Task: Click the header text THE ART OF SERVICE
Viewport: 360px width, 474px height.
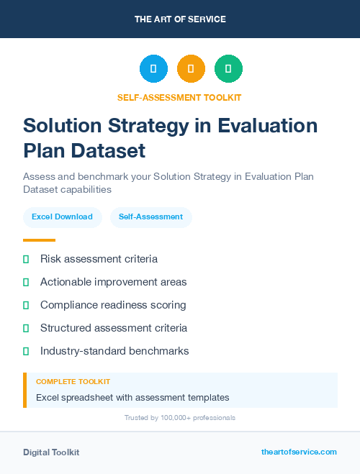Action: [x=180, y=19]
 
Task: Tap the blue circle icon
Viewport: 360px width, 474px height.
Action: [x=153, y=69]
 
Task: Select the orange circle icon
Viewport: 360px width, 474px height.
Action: [x=191, y=69]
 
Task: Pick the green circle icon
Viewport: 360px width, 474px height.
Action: [x=228, y=69]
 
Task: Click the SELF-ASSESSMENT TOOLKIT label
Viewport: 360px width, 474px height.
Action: [x=180, y=97]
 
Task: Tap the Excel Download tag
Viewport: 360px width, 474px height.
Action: [x=62, y=217]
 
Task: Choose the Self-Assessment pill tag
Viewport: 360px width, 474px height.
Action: [x=150, y=217]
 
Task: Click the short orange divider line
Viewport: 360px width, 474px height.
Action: [x=39, y=240]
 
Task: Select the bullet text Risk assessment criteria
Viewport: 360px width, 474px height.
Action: [x=99, y=259]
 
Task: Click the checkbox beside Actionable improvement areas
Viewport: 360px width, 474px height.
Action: [x=26, y=282]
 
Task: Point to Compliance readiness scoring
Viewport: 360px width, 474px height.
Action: [x=113, y=305]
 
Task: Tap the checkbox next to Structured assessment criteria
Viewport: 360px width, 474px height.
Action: [x=26, y=328]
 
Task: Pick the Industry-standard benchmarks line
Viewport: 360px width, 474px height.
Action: [x=114, y=351]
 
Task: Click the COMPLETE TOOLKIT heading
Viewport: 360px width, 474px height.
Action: [x=73, y=382]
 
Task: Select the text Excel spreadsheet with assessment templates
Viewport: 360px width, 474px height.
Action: [x=132, y=397]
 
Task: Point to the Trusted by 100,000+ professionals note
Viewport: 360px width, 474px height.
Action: [x=180, y=417]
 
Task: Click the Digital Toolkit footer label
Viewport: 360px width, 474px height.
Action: [x=51, y=452]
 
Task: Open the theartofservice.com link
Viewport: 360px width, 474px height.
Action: [x=299, y=452]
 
